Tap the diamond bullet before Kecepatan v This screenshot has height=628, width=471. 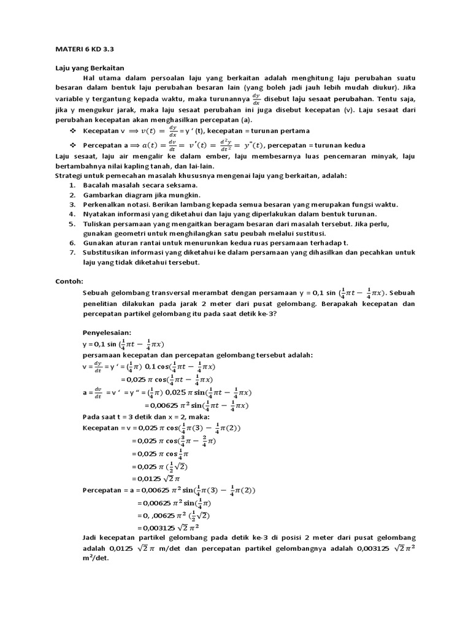(73, 131)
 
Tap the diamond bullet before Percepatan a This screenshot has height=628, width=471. (73, 145)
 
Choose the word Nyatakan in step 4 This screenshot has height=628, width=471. (101, 214)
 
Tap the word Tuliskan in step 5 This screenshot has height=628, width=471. (99, 224)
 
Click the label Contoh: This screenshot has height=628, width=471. (69, 281)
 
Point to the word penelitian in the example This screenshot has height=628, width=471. (102, 304)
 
